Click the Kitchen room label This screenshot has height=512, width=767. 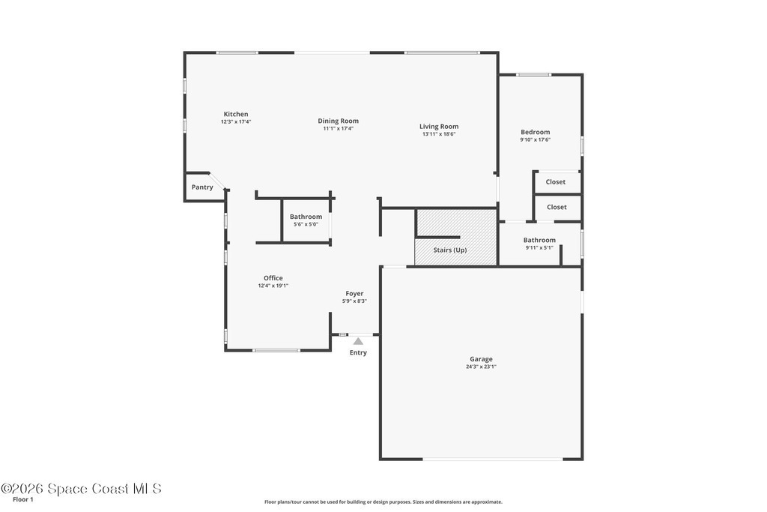[236, 114]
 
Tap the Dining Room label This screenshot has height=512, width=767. [338, 121]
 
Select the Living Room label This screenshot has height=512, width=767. [439, 126]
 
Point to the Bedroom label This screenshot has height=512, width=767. [535, 132]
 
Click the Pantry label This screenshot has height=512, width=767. [202, 187]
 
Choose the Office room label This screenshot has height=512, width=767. [273, 278]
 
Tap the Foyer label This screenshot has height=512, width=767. [354, 294]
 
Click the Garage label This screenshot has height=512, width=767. [481, 359]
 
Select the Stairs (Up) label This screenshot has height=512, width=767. [450, 250]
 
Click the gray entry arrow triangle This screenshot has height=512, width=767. [359, 341]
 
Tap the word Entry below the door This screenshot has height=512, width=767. [358, 352]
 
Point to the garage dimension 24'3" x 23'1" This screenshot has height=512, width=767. [481, 367]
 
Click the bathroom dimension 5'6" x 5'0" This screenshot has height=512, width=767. [306, 224]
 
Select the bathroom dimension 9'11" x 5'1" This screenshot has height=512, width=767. [539, 247]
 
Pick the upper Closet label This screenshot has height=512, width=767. [556, 181]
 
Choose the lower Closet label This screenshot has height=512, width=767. [557, 207]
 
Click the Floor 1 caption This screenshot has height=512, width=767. [23, 500]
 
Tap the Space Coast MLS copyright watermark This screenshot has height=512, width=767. [81, 489]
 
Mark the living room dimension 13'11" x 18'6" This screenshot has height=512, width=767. [439, 134]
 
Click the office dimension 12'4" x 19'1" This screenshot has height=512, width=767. [273, 286]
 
